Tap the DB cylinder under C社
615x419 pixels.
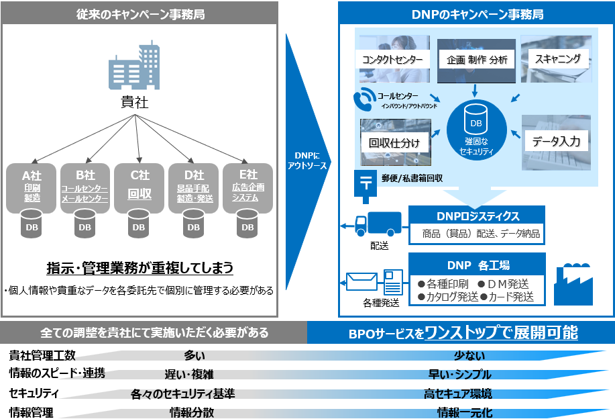coord(139,223)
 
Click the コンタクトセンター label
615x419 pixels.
coord(392,59)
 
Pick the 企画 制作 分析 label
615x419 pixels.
coord(477,60)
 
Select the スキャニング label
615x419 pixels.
coord(558,58)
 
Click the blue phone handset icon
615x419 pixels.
coord(364,101)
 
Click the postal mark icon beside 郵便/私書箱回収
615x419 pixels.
coord(366,181)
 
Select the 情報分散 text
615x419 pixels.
coord(192,412)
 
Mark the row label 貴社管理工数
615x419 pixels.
coord(42,356)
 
